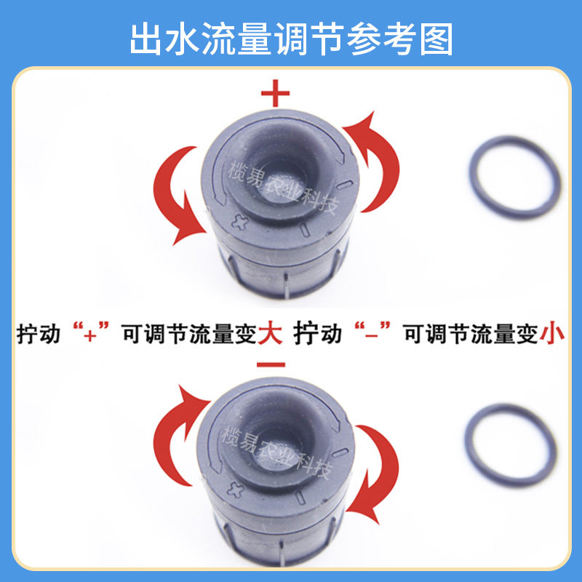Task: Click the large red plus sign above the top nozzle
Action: coord(275,93)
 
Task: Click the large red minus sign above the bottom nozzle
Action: coord(271,364)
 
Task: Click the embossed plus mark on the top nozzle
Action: coord(239,223)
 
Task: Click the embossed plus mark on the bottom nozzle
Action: coord(235,490)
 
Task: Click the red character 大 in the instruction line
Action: coord(270,333)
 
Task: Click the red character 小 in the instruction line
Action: coord(552,333)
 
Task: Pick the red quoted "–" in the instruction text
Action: coord(372,332)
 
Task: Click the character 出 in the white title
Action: coord(145,39)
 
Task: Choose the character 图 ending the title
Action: coord(437,39)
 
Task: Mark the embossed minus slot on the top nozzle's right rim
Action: coord(345,185)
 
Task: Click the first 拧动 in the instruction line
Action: coord(39,333)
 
